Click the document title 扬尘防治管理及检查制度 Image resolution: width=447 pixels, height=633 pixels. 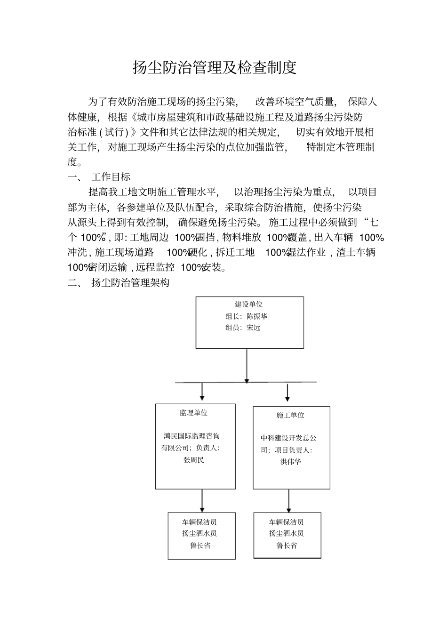pyautogui.click(x=215, y=68)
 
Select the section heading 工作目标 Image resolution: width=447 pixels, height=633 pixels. pyautogui.click(x=111, y=177)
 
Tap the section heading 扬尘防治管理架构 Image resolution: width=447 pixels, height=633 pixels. pyautogui.click(x=130, y=283)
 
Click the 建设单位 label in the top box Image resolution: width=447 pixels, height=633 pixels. pyautogui.click(x=249, y=304)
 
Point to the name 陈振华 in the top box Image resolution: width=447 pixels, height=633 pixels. pyautogui.click(x=257, y=316)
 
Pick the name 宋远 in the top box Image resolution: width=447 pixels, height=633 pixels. pyautogui.click(x=253, y=328)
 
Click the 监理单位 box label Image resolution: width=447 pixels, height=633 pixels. pyautogui.click(x=193, y=413)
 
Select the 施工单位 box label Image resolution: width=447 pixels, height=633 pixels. pyautogui.click(x=290, y=415)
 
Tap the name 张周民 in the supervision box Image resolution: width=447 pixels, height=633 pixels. pyautogui.click(x=194, y=460)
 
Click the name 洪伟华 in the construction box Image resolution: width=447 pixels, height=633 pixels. pyautogui.click(x=290, y=462)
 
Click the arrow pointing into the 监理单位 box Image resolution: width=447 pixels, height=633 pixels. pyautogui.click(x=202, y=392)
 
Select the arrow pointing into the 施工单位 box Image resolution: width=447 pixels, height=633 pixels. pyautogui.click(x=287, y=393)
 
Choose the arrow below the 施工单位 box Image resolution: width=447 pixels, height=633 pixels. pyautogui.click(x=289, y=501)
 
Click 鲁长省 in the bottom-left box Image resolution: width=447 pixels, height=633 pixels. pyautogui.click(x=200, y=545)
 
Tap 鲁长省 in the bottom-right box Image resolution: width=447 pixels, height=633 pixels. pyautogui.click(x=287, y=545)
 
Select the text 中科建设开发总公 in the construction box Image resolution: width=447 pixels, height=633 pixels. pyautogui.click(x=289, y=438)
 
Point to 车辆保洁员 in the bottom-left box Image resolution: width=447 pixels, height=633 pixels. pyautogui.click(x=200, y=522)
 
